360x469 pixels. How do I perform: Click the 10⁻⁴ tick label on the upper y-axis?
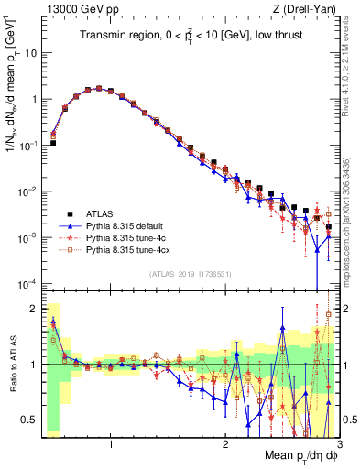click(28, 283)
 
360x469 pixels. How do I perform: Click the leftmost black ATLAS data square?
click(53, 143)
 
